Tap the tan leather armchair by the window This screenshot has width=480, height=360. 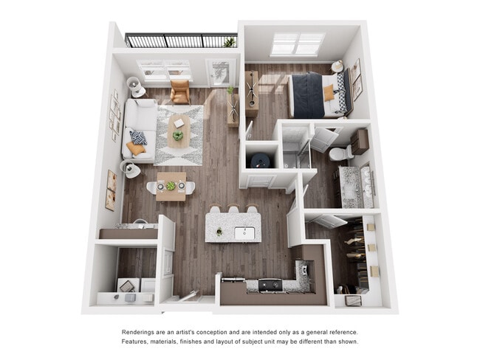click(179, 91)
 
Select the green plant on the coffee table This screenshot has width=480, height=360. click(177, 136)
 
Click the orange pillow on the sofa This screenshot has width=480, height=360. click(134, 148)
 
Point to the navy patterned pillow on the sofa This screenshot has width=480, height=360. click(139, 136)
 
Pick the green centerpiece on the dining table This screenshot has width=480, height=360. click(171, 186)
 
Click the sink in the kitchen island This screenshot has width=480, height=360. click(241, 232)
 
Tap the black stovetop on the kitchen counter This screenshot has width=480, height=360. click(269, 283)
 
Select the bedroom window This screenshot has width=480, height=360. click(297, 44)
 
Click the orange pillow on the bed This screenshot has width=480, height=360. click(329, 92)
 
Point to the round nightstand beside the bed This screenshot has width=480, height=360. click(337, 66)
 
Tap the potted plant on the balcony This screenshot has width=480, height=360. click(230, 42)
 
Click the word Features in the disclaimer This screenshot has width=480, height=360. click(137, 342)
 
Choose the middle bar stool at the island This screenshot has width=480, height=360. click(234, 210)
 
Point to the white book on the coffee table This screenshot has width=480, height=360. click(178, 123)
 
